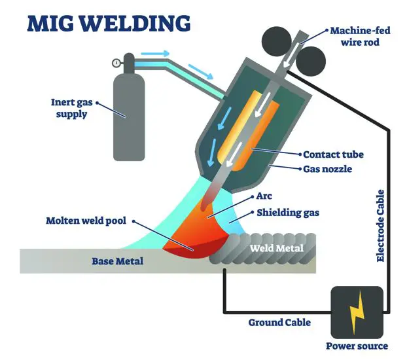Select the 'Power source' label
click(357, 346)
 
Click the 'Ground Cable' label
click(279, 322)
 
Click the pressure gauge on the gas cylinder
click(116, 63)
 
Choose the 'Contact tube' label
click(333, 155)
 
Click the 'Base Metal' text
click(118, 262)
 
